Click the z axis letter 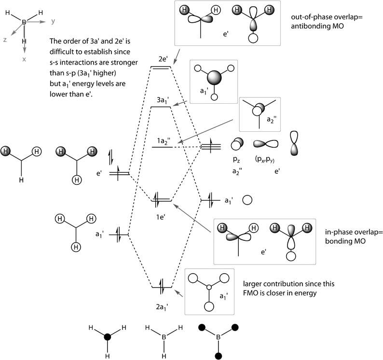click(5, 40)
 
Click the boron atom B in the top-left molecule click(23, 22)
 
